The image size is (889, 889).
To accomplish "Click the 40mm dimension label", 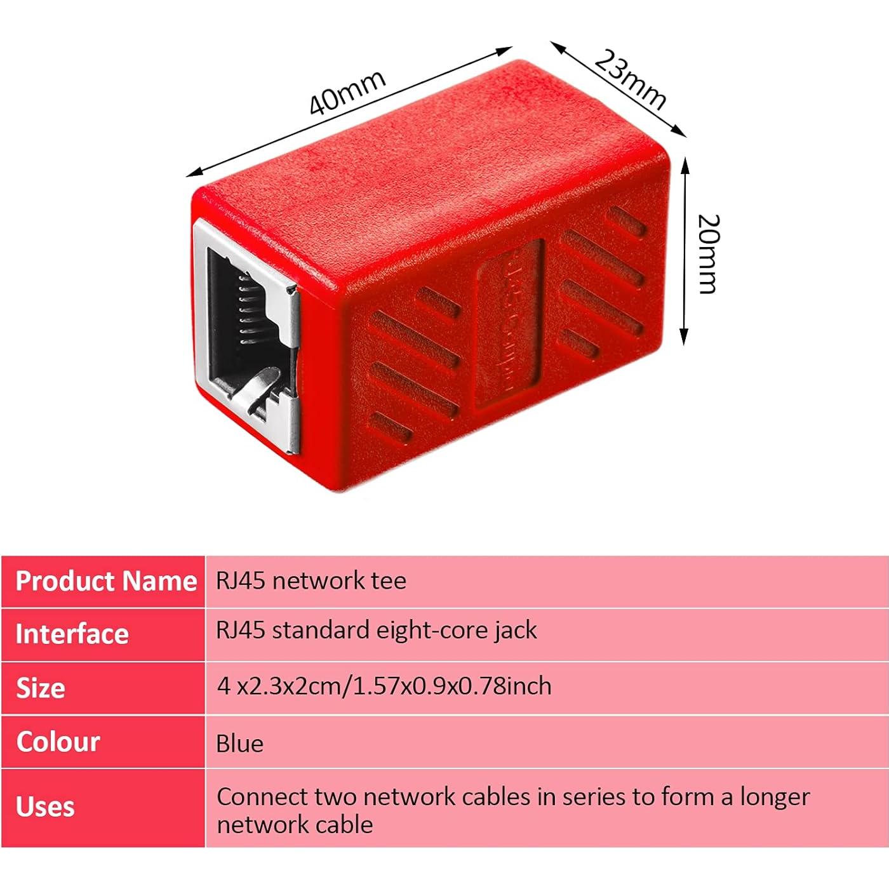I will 347,93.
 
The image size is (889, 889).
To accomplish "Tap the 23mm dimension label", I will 631,79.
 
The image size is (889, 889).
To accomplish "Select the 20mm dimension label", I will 707,254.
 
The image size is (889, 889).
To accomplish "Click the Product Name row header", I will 105,581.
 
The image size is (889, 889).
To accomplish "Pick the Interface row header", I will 72,634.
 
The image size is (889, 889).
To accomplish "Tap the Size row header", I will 41,688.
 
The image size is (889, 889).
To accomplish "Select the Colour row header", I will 58,741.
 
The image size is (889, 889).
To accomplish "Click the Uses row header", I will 45,806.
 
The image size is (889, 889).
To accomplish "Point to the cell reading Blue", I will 239,743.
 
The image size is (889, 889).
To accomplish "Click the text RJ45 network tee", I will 311,580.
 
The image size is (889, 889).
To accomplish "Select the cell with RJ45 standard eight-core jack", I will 376,630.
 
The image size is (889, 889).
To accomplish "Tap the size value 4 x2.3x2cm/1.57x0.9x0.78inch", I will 384,686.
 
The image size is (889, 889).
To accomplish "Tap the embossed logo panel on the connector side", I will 509,324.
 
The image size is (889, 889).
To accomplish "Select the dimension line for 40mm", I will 349,112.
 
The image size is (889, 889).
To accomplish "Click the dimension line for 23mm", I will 618,89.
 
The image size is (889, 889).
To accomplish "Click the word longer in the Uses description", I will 775,796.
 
